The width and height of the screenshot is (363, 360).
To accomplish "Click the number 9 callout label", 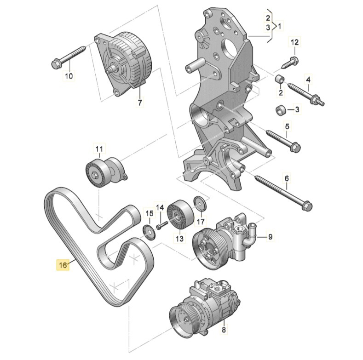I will [271, 237].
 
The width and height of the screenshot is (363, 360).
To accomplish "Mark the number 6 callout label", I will [286, 178].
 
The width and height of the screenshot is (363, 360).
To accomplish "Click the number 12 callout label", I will [294, 43].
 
